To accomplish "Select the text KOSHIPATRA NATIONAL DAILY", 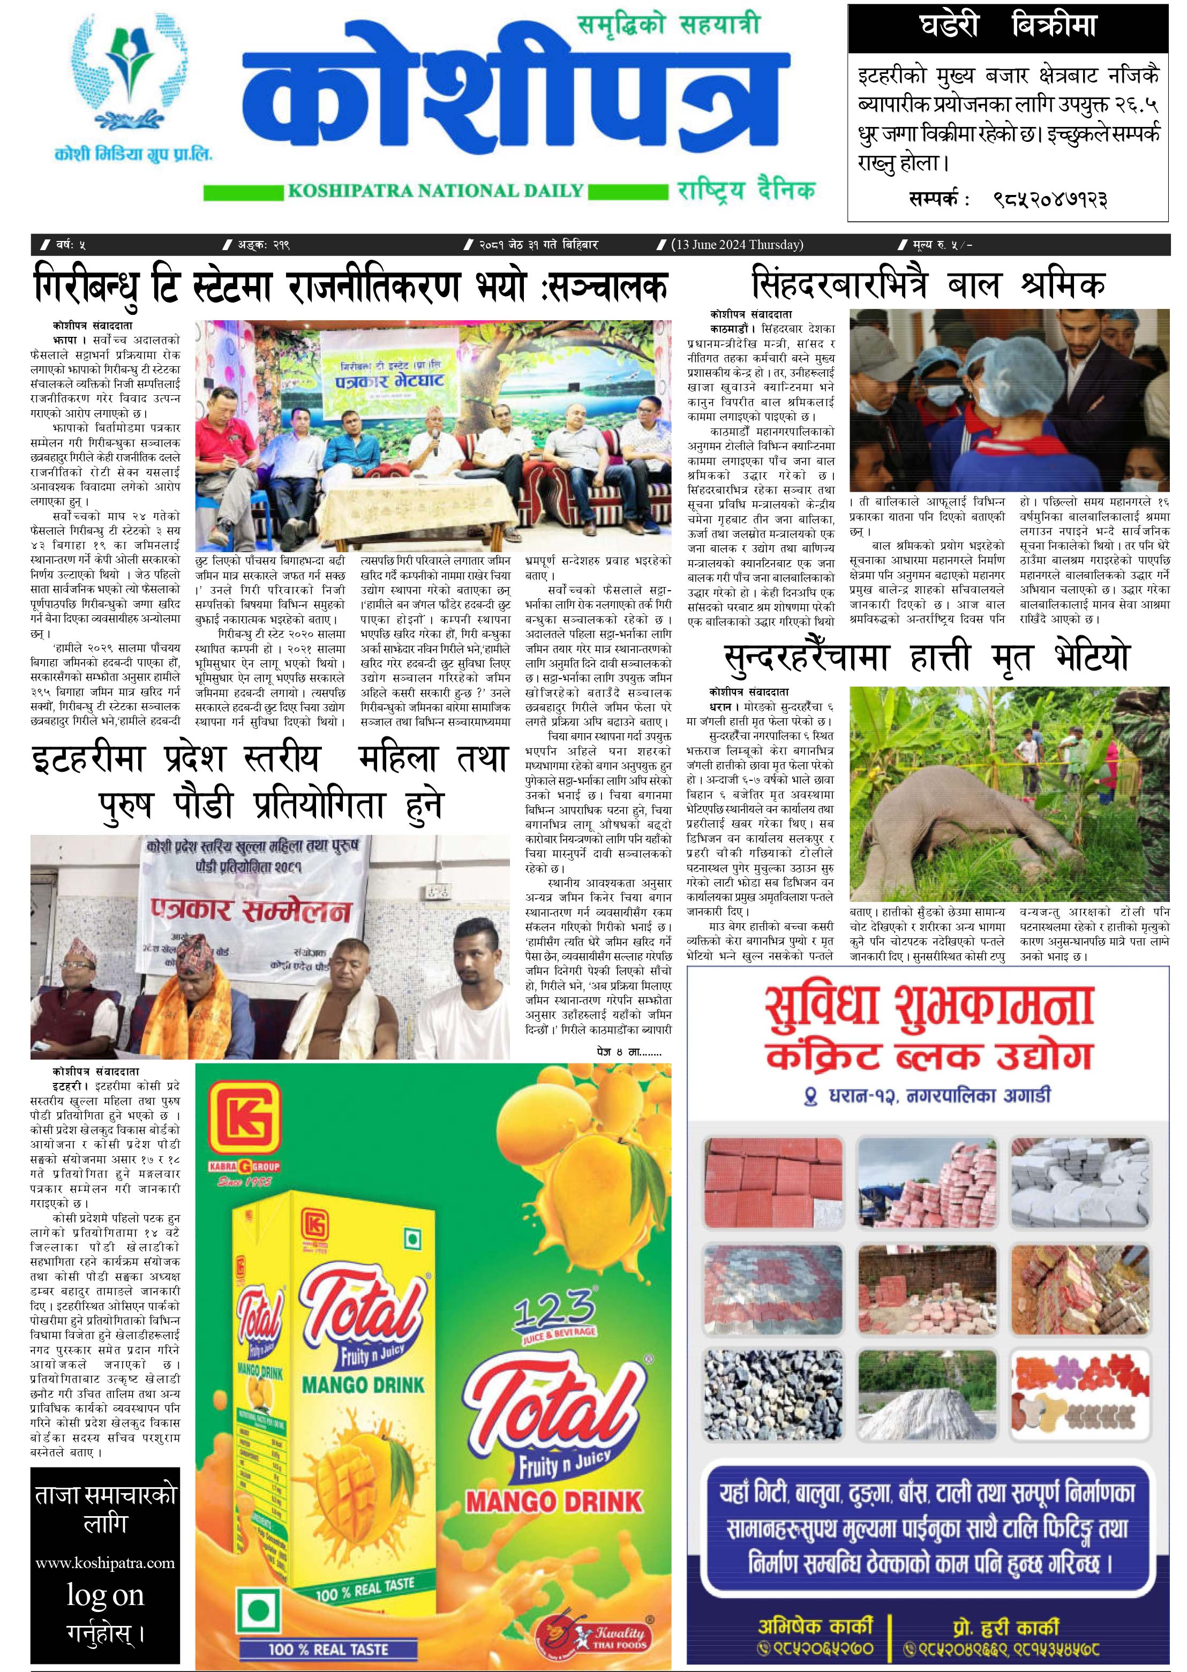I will (x=435, y=192).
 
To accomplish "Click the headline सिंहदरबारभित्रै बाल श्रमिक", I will (x=928, y=284).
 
